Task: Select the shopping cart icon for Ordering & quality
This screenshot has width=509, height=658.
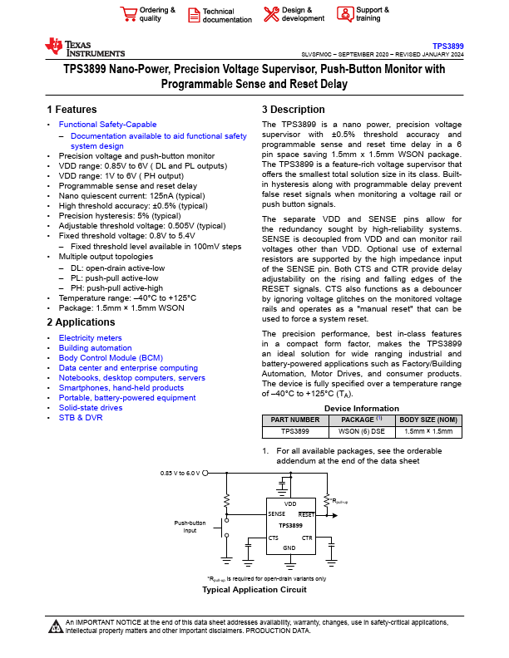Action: (x=128, y=14)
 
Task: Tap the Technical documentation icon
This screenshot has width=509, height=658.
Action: (x=193, y=14)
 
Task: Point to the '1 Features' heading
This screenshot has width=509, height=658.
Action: (x=72, y=110)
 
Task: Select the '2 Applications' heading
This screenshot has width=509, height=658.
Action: (x=82, y=322)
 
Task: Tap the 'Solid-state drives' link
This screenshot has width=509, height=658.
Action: (x=91, y=407)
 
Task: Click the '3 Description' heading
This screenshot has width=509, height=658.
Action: (x=293, y=110)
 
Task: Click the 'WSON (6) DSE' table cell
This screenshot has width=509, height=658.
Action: (x=362, y=432)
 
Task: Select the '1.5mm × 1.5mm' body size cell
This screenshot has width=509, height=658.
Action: (x=428, y=432)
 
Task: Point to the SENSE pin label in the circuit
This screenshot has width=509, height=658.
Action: (x=277, y=514)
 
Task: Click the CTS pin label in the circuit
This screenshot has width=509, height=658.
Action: (x=274, y=538)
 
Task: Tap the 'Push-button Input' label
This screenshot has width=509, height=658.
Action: (x=190, y=526)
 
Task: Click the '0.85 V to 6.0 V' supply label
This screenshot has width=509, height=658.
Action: (x=180, y=472)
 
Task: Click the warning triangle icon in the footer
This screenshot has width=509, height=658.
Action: (x=56, y=624)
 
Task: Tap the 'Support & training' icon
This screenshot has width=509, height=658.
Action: (x=345, y=14)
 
